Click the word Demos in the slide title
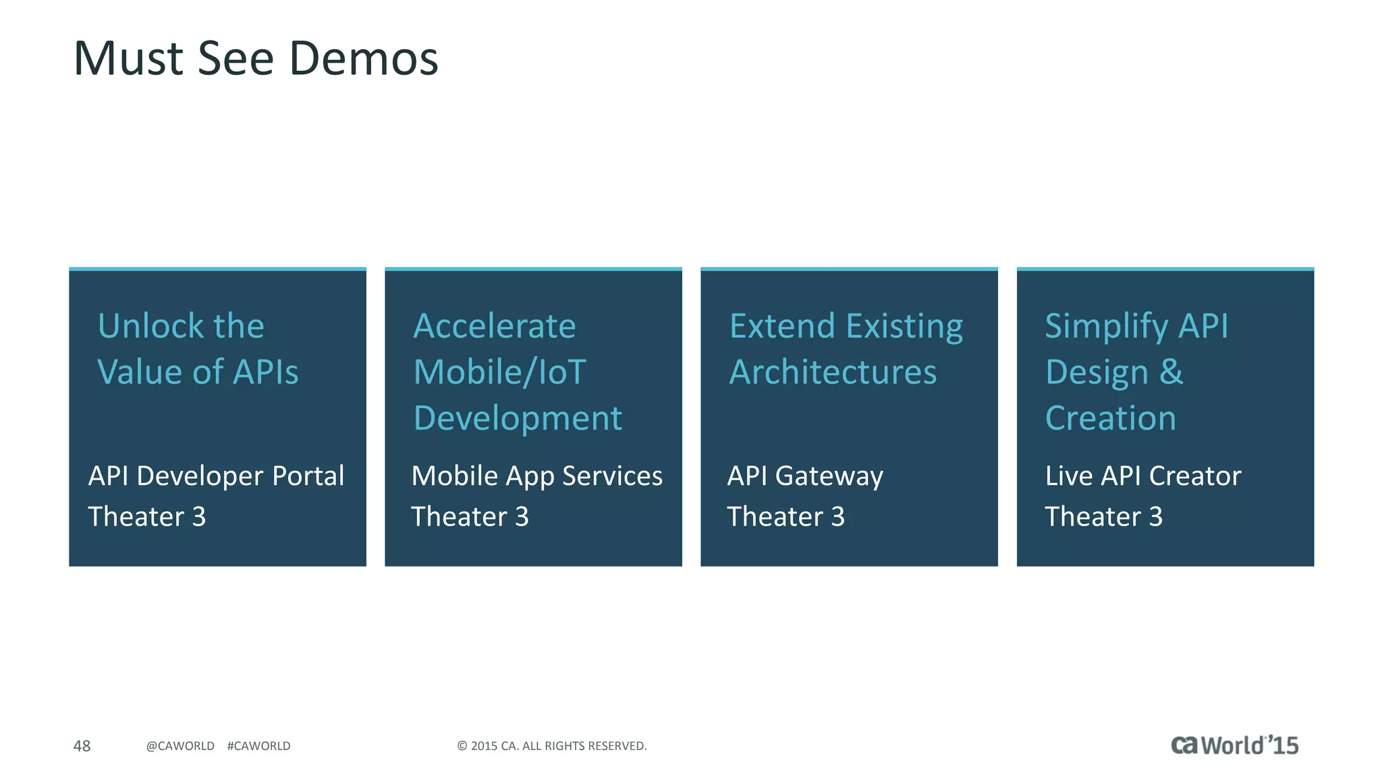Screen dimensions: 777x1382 (x=364, y=59)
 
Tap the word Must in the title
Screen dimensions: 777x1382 (x=128, y=59)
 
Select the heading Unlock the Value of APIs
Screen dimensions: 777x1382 (x=198, y=349)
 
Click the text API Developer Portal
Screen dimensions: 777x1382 (x=216, y=476)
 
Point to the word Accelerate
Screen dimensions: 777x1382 (x=495, y=326)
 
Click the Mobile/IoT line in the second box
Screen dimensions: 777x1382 (x=499, y=372)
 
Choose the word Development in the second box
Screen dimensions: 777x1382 (x=518, y=418)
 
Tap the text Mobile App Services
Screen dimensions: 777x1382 (x=537, y=476)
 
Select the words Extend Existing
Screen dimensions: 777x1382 (x=846, y=326)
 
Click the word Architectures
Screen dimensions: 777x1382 (x=833, y=372)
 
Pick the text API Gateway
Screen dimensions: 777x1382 (x=805, y=476)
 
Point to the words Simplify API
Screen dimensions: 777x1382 (x=1136, y=326)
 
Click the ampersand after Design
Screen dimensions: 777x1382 (x=1171, y=372)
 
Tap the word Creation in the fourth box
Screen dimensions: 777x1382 (x=1111, y=418)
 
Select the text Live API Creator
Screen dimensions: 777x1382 (x=1143, y=476)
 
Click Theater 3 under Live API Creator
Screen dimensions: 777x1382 (x=1104, y=517)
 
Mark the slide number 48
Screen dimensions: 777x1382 (x=82, y=746)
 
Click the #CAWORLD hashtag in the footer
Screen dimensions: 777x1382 (x=258, y=746)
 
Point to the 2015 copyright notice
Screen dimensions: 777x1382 (x=552, y=746)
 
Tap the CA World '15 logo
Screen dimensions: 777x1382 (x=1234, y=745)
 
